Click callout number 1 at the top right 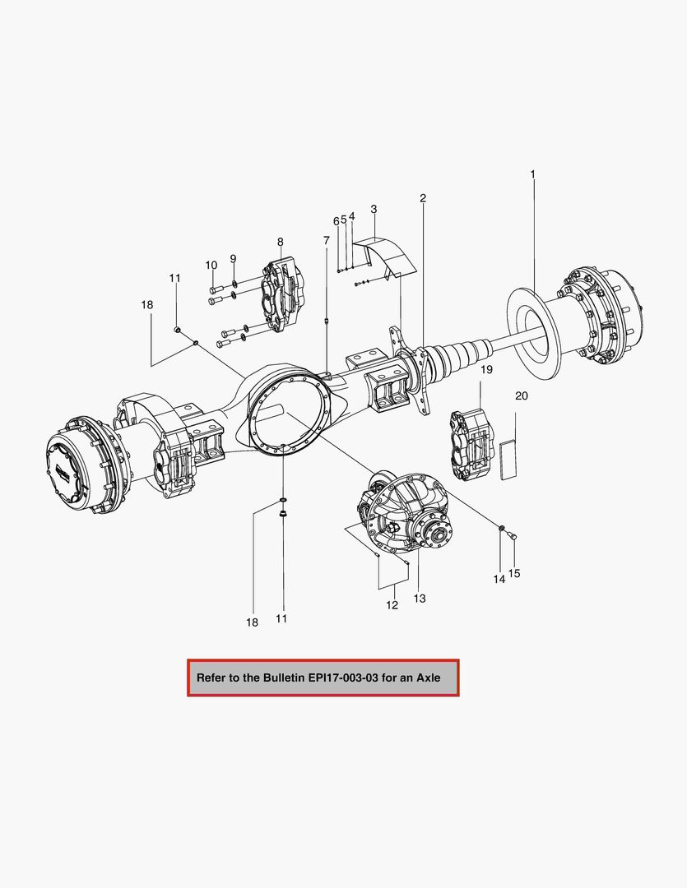pyautogui.click(x=533, y=174)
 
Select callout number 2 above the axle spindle pyautogui.click(x=423, y=198)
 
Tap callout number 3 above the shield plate pyautogui.click(x=374, y=210)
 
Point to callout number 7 pyautogui.click(x=326, y=240)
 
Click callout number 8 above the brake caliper pyautogui.click(x=280, y=242)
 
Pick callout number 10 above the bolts pyautogui.click(x=211, y=265)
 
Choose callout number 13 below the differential pyautogui.click(x=420, y=599)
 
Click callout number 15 pyautogui.click(x=514, y=573)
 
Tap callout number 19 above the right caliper pyautogui.click(x=486, y=370)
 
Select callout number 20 pyautogui.click(x=522, y=395)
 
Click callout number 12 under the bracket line pyautogui.click(x=392, y=605)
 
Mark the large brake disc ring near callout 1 pyautogui.click(x=531, y=325)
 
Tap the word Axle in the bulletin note pyautogui.click(x=428, y=678)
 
